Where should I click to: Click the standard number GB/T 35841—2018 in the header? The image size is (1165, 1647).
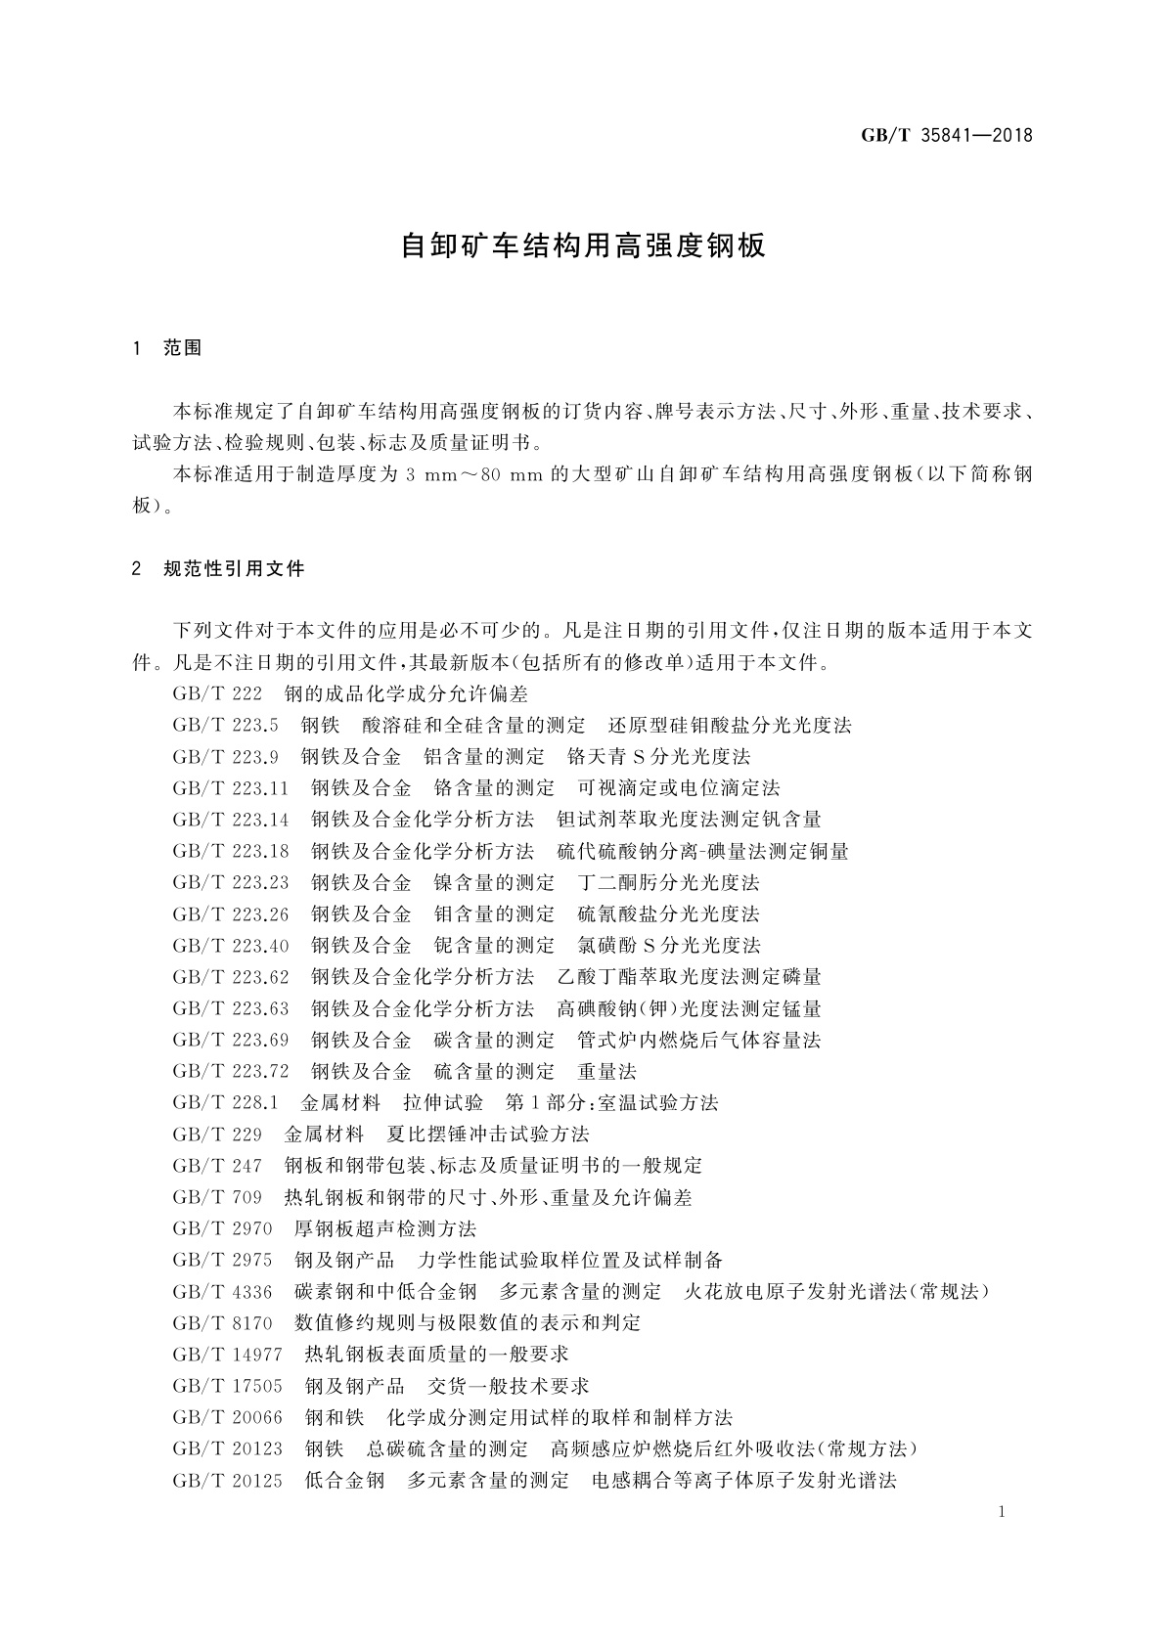[946, 136]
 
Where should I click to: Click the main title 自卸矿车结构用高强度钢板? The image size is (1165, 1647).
[583, 245]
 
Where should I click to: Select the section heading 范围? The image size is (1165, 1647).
[183, 348]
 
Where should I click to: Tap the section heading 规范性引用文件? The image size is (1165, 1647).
[235, 568]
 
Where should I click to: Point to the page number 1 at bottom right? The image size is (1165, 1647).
[1003, 1513]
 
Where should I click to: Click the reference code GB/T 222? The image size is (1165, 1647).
[217, 693]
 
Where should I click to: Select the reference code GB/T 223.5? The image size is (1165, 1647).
[225, 725]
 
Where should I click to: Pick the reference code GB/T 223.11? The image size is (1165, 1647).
[231, 787]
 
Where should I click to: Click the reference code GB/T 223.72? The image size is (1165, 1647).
[231, 1071]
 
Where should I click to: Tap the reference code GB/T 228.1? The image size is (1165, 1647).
[225, 1102]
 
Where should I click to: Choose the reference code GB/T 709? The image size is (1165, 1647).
[217, 1197]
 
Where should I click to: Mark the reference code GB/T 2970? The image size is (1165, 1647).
[222, 1228]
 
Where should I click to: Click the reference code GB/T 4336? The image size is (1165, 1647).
[222, 1291]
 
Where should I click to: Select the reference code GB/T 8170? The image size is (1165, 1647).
[222, 1322]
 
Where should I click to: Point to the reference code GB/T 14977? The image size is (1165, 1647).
[227, 1354]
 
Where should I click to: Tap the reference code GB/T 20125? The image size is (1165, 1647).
[227, 1480]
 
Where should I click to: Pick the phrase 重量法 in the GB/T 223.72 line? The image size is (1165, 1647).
[607, 1071]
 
